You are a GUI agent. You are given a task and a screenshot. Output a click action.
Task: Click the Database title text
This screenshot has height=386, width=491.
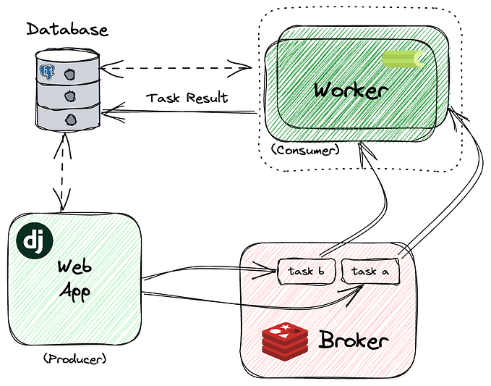coord(67,30)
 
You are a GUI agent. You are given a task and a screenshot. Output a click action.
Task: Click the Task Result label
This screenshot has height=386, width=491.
coord(187,98)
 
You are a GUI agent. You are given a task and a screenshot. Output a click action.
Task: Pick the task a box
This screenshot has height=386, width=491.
coord(370,271)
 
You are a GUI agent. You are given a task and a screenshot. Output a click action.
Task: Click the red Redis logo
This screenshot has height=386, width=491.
coord(285,341)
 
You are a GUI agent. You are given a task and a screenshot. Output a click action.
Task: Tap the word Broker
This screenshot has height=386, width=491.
coord(353,340)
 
